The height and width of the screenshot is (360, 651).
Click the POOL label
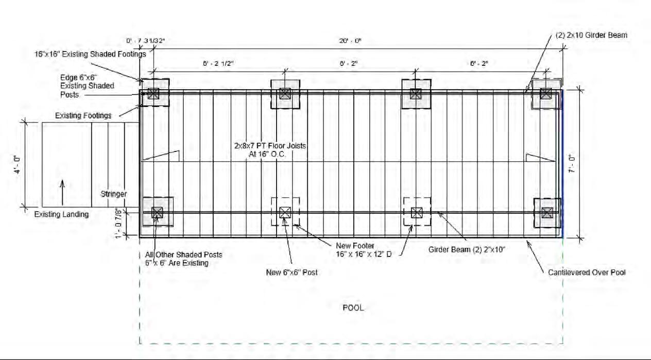pos(353,308)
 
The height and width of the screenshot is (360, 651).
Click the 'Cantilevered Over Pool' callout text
pos(587,272)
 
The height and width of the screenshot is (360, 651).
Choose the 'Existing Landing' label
pos(61,214)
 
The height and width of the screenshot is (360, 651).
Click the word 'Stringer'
pos(114,194)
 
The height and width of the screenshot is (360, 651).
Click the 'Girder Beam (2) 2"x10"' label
pos(467,250)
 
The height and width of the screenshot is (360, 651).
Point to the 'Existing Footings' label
pos(83,116)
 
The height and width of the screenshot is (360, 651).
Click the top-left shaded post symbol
pos(153,93)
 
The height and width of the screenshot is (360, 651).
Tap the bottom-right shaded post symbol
pos(547,212)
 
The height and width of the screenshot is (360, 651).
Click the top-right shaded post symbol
pos(545,93)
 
